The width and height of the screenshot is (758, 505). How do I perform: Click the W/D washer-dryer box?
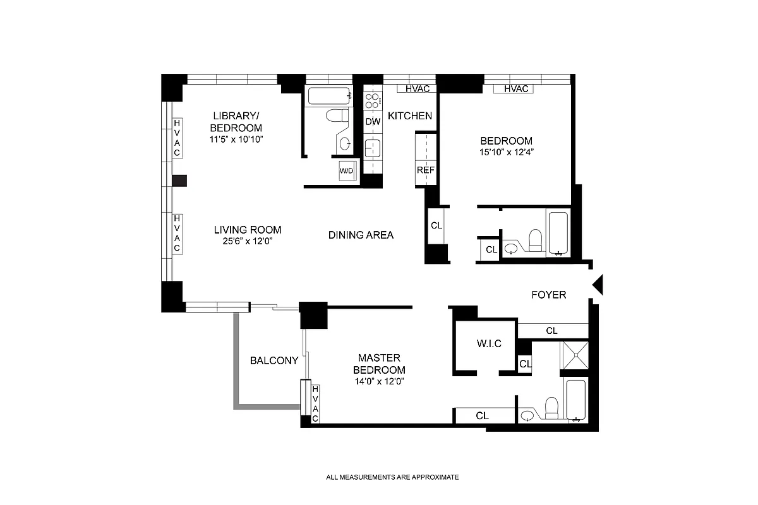pos(346,171)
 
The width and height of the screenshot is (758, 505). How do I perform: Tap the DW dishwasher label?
pos(372,121)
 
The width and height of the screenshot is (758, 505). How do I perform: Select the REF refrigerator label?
pos(424,170)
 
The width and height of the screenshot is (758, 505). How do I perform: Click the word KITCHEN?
pos(409,116)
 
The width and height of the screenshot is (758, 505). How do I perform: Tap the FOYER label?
pos(548,295)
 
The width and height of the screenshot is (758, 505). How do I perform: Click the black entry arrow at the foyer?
pos(598,285)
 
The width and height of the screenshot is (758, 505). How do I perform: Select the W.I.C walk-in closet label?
pos(488,343)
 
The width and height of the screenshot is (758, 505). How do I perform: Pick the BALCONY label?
pos(274,360)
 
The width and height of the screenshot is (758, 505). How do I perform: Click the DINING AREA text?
pos(361,235)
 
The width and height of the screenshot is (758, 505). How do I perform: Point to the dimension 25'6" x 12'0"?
pos(247,241)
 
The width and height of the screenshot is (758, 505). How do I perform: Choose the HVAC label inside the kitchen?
pos(417,89)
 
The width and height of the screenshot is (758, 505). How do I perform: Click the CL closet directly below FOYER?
pos(551,330)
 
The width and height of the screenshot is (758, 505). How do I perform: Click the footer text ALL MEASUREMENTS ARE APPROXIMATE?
pos(392,477)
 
